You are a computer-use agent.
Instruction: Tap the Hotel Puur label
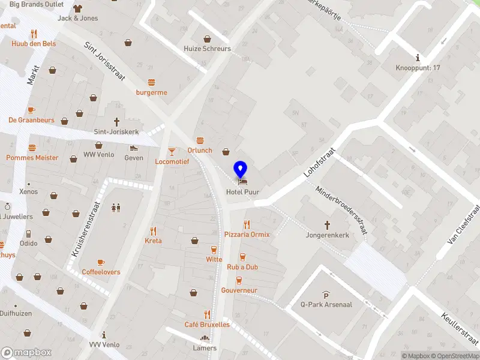pyautogui.click(x=242, y=192)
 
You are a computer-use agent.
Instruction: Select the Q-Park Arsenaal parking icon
pyautogui.click(x=325, y=294)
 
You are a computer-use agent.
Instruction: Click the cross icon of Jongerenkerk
pyautogui.click(x=328, y=225)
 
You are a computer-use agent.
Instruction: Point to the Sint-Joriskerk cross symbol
pyautogui.click(x=116, y=122)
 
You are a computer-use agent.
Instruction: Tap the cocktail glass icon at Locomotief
pyautogui.click(x=172, y=151)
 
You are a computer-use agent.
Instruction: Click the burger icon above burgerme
pyautogui.click(x=151, y=82)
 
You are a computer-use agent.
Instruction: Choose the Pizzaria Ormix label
pyautogui.click(x=247, y=234)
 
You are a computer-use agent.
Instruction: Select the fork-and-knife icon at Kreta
pyautogui.click(x=153, y=230)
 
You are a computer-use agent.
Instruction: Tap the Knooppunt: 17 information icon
pyautogui.click(x=417, y=58)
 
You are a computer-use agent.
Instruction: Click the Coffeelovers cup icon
pyautogui.click(x=101, y=262)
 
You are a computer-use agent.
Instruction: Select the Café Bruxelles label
pyautogui.click(x=207, y=325)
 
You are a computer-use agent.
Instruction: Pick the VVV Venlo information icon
pyautogui.click(x=104, y=335)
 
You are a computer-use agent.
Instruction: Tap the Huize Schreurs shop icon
pyautogui.click(x=207, y=38)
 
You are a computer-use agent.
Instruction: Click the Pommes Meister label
pyautogui.click(x=32, y=158)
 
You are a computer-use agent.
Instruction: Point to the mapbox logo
pyautogui.click(x=26, y=352)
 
